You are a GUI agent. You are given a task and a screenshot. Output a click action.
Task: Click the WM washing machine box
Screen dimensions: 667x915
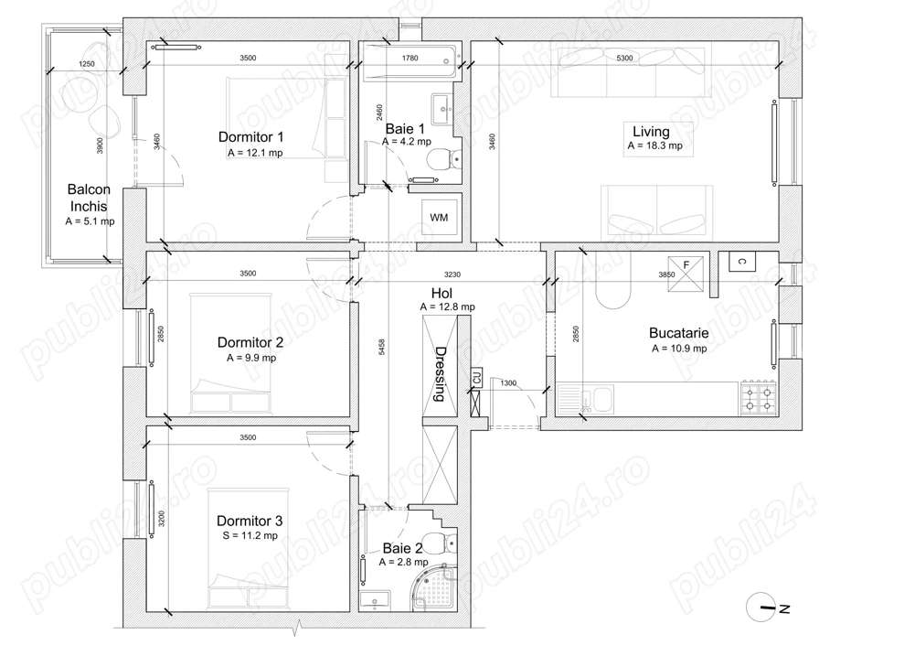pyautogui.click(x=439, y=217)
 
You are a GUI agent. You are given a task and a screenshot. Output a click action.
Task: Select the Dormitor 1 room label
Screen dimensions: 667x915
pyautogui.click(x=250, y=137)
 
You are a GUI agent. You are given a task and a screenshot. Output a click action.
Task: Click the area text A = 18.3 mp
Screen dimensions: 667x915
pyautogui.click(x=654, y=145)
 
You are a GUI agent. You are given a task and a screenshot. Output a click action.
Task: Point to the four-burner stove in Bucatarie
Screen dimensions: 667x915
pyautogui.click(x=759, y=397)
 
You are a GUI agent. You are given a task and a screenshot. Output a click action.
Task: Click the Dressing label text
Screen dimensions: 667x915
pyautogui.click(x=440, y=374)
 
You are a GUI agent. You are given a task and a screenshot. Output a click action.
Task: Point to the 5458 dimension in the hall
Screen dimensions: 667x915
pyautogui.click(x=381, y=349)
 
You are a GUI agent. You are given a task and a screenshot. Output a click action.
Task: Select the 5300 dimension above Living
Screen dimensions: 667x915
pyautogui.click(x=625, y=58)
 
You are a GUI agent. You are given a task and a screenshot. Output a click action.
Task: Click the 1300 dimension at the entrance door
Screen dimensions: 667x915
pyautogui.click(x=507, y=382)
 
